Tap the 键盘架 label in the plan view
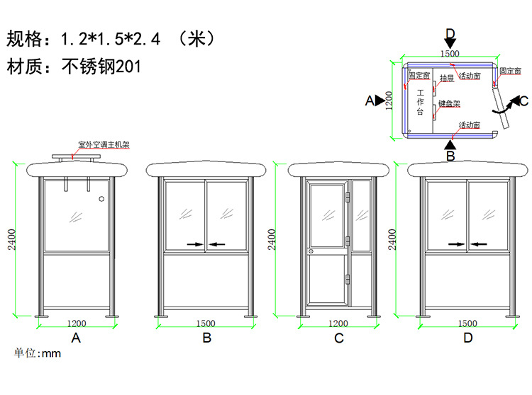pyautogui.click(x=450, y=103)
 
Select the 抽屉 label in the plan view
pyautogui.click(x=447, y=78)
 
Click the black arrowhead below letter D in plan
pyautogui.click(x=450, y=44)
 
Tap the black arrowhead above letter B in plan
pyautogui.click(x=450, y=142)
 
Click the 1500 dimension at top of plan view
pyautogui.click(x=450, y=53)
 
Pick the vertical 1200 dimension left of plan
pyautogui.click(x=388, y=101)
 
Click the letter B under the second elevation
pyautogui.click(x=206, y=338)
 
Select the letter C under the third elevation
pyautogui.click(x=339, y=338)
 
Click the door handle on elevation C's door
pyautogui.click(x=310, y=251)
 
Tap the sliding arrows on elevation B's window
pyautogui.click(x=206, y=244)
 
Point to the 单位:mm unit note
pyautogui.click(x=38, y=353)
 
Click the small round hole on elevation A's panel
pyautogui.click(x=104, y=198)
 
